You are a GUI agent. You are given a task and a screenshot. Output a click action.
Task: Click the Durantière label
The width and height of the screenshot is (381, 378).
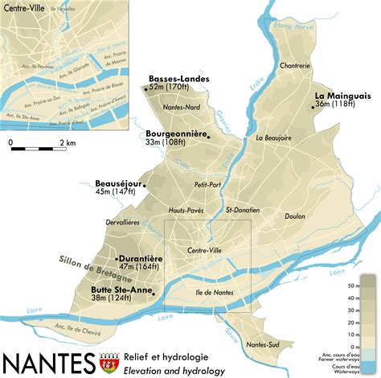click(x=141, y=258)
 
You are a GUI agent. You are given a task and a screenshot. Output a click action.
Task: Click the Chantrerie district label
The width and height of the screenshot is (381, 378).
click(x=294, y=66)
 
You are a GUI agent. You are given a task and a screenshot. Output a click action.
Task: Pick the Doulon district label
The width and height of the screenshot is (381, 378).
click(x=295, y=216)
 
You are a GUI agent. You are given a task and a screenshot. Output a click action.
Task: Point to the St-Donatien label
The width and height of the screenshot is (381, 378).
click(x=242, y=210)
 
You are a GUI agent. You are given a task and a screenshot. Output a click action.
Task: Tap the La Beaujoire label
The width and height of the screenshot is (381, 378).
click(x=272, y=138)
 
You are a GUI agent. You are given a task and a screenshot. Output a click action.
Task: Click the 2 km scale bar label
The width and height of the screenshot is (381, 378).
click(x=67, y=142)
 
